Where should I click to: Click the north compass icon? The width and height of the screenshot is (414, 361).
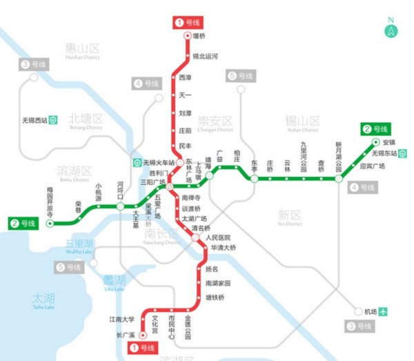(391, 30)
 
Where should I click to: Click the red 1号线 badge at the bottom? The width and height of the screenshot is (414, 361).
(144, 348)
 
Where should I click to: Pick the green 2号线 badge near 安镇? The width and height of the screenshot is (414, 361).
(375, 129)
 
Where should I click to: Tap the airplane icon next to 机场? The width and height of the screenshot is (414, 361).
(383, 311)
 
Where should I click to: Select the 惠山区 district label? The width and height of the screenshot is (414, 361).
(82, 48)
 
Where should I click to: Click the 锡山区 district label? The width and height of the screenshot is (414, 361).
(302, 121)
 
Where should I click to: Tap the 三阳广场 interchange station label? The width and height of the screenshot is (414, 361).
(152, 182)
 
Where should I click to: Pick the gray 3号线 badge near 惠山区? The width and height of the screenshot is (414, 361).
(32, 65)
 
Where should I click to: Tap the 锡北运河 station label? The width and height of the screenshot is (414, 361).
(205, 57)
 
